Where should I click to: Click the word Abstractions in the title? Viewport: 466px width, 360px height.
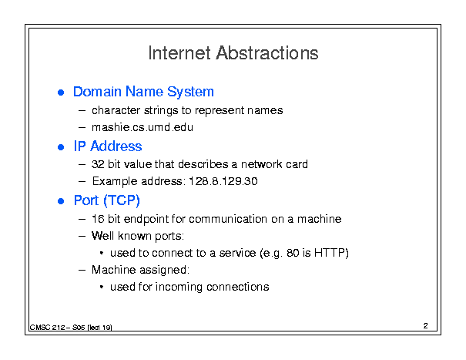[267, 53]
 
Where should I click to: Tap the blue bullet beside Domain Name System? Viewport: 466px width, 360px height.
[61, 93]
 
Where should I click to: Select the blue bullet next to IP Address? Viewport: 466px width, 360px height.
[61, 147]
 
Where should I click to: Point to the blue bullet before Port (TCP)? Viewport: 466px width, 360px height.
[61, 201]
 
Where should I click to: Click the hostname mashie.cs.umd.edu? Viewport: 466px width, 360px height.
[142, 127]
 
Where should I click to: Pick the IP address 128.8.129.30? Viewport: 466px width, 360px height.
[223, 181]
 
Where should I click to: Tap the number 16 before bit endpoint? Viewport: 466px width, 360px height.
[98, 219]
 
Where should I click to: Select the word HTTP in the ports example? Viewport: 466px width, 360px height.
[329, 253]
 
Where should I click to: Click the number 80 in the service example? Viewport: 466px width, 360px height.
[293, 253]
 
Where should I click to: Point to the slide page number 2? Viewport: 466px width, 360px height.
[426, 326]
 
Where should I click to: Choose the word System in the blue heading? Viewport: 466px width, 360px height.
[190, 92]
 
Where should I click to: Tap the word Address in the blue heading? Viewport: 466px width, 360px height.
[116, 146]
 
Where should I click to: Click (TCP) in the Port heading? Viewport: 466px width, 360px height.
[122, 200]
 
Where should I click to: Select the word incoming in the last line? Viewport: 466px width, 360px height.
[179, 287]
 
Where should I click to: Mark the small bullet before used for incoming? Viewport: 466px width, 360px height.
[102, 287]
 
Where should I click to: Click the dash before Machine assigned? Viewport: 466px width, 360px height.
[82, 270]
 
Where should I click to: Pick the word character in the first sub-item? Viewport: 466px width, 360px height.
[116, 110]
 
